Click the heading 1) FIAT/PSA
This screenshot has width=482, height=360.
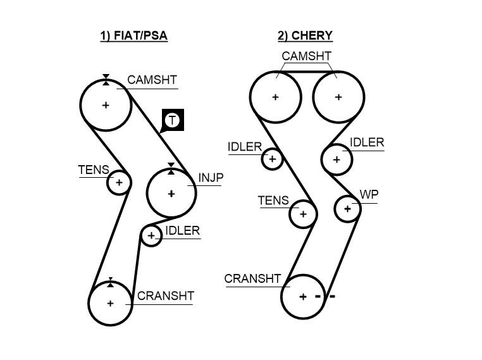pyautogui.click(x=133, y=35)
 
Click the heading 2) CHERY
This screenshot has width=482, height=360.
pyautogui.click(x=304, y=35)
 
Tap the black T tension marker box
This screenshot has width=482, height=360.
pyautogui.click(x=173, y=120)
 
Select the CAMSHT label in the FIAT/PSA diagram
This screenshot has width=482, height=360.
pyautogui.click(x=152, y=80)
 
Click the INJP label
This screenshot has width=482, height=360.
pyautogui.click(x=211, y=178)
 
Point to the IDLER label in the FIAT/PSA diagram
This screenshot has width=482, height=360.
pyautogui.click(x=182, y=231)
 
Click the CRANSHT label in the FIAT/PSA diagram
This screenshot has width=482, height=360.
pyautogui.click(x=165, y=295)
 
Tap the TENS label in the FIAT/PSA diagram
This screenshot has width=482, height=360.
pyautogui.click(x=93, y=170)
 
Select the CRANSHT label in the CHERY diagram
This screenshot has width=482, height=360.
pyautogui.click(x=252, y=279)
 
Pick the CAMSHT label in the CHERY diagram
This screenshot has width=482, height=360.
pyautogui.click(x=306, y=56)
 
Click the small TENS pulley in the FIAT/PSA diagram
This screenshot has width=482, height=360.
pyautogui.click(x=118, y=183)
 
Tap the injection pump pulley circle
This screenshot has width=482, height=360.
pyautogui.click(x=171, y=194)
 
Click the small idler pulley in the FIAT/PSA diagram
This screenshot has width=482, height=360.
pyautogui.click(x=151, y=237)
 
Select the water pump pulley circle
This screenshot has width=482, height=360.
pyautogui.click(x=347, y=208)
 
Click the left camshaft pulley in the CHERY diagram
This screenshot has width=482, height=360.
pyautogui.click(x=275, y=97)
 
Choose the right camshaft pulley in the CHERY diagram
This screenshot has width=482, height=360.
pyautogui.click(x=338, y=97)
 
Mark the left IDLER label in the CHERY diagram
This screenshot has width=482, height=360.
pyautogui.click(x=245, y=147)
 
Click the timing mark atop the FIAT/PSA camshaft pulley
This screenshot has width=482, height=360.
pyautogui.click(x=106, y=78)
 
